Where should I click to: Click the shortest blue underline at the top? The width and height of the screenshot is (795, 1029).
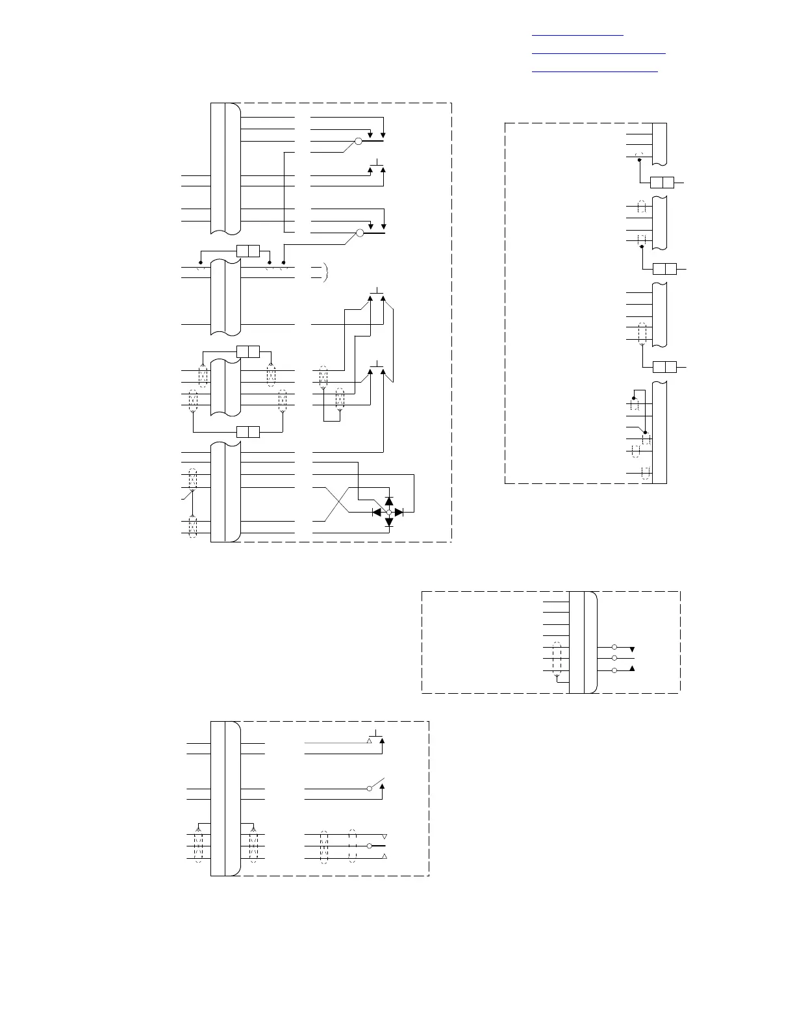[577, 35]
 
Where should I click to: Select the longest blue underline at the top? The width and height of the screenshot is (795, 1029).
[599, 53]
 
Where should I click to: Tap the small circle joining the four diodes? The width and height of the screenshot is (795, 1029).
[389, 513]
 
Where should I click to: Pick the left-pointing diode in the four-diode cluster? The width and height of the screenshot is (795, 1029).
[377, 513]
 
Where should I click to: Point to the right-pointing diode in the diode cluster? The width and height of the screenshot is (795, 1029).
[399, 513]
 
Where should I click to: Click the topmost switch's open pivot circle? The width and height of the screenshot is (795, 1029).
[358, 141]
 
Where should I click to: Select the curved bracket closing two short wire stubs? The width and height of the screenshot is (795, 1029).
[325, 272]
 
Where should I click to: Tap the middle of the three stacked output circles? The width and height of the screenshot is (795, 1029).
[614, 658]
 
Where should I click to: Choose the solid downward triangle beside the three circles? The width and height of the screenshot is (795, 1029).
[632, 650]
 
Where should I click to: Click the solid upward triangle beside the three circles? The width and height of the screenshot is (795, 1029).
[632, 668]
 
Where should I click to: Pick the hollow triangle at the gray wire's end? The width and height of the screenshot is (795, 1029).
[370, 741]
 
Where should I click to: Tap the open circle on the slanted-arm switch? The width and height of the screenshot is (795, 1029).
[370, 789]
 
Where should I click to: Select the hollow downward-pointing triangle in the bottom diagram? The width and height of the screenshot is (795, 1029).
[385, 835]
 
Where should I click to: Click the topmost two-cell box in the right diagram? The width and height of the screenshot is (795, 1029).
[662, 183]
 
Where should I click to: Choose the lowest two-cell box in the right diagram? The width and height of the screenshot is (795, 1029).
[664, 367]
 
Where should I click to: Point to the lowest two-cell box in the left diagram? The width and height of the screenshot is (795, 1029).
[248, 432]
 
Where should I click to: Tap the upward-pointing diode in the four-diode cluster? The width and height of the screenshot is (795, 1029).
[389, 502]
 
